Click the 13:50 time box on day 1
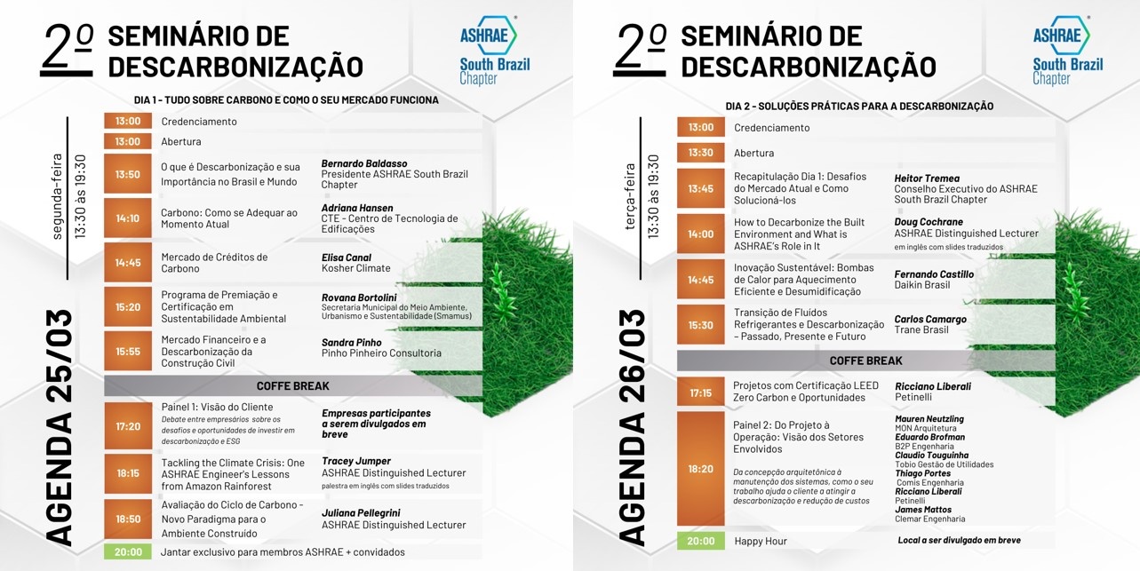pyautogui.click(x=128, y=174)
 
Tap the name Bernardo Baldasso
pyautogui.click(x=364, y=163)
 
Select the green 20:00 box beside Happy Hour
pyautogui.click(x=701, y=541)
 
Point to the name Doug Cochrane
pyautogui.click(x=929, y=222)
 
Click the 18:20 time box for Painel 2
pyautogui.click(x=701, y=468)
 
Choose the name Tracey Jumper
pyautogui.click(x=356, y=461)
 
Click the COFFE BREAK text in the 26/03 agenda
pyautogui.click(x=865, y=361)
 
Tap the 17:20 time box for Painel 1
pyautogui.click(x=128, y=426)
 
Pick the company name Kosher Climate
pyautogui.click(x=355, y=268)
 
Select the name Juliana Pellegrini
pyautogui.click(x=361, y=513)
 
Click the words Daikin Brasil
pyautogui.click(x=922, y=285)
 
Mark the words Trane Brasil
pyautogui.click(x=921, y=329)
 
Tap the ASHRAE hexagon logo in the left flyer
pyautogui.click(x=489, y=36)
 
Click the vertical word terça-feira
pyautogui.click(x=630, y=196)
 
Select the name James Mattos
pyautogui.click(x=923, y=510)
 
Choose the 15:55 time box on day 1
pyautogui.click(x=128, y=351)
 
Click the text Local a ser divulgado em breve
pyautogui.click(x=959, y=540)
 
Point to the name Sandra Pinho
pyautogui.click(x=351, y=342)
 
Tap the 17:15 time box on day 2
pyautogui.click(x=701, y=393)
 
